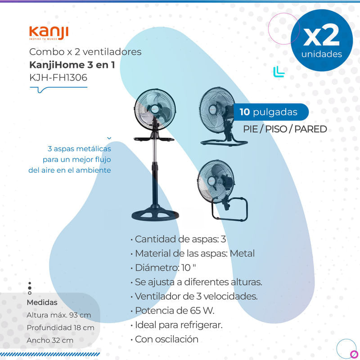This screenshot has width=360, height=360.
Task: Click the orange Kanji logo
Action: [49, 33]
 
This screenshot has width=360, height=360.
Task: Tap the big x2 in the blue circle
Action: [321, 35]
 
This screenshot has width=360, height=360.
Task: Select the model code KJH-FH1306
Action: [58, 77]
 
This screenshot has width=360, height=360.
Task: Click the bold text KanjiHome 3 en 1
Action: [72, 65]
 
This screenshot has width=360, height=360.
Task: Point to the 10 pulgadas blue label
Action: [271, 112]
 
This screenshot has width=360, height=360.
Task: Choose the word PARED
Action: [310, 129]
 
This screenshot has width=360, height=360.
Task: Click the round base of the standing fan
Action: [155, 214]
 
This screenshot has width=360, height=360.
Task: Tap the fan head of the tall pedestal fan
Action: [155, 109]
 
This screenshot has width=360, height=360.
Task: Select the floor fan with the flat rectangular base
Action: [222, 117]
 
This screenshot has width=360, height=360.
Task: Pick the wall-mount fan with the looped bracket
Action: [222, 190]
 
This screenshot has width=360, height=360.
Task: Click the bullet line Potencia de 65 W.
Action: [172, 310]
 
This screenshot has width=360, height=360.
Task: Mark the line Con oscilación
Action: [164, 339]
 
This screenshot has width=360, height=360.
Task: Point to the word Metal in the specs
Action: [242, 253]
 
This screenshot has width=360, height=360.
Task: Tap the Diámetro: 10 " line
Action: [163, 268]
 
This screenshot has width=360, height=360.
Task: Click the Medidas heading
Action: [42, 302]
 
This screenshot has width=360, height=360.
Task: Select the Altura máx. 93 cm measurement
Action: [59, 315]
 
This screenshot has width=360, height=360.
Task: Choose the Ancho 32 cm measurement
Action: [50, 340]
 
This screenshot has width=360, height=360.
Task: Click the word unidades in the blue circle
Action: [322, 54]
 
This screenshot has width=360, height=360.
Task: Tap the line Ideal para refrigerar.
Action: [176, 325]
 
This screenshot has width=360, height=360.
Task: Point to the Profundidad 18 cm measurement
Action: [60, 328]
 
